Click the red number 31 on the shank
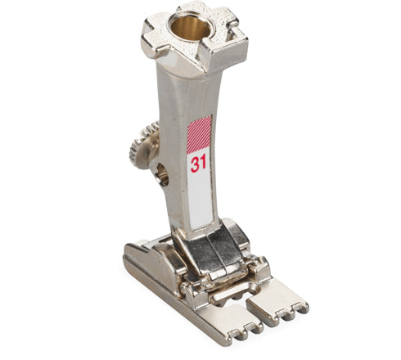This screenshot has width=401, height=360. (198, 163)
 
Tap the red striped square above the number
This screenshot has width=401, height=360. (199, 133)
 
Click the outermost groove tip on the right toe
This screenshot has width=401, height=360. (304, 308)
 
